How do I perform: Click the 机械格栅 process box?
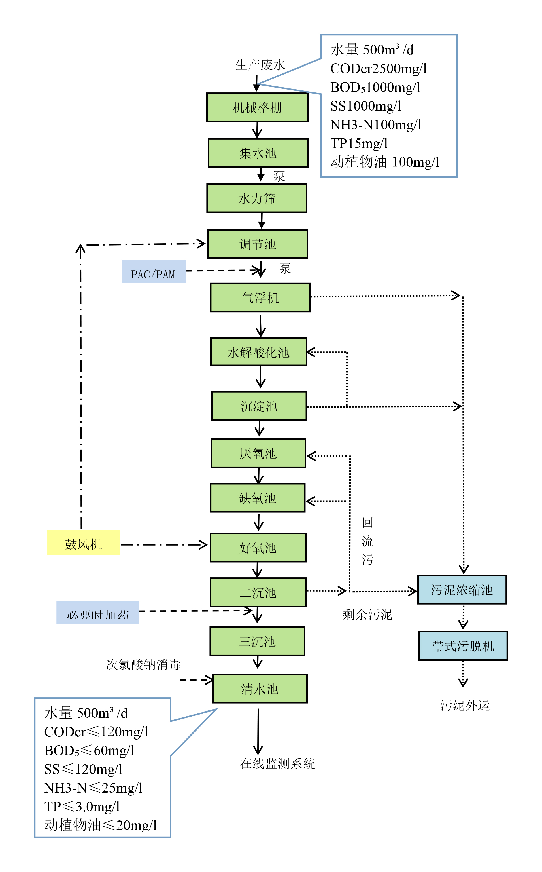tap(257, 107)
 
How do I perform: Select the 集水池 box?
tap(258, 153)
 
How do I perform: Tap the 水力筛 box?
tap(257, 198)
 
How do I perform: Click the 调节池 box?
tap(257, 244)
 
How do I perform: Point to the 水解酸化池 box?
tap(258, 352)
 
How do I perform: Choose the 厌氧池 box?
tap(258, 453)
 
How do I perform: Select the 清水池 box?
tap(260, 689)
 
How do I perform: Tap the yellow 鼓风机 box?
tap(83, 543)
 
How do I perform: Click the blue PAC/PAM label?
tap(153, 272)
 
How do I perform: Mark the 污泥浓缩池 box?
tap(462, 590)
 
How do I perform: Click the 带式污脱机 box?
tap(463, 646)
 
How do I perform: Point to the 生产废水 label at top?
tap(260, 65)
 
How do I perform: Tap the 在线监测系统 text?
tap(277, 764)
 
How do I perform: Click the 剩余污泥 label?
tap(367, 615)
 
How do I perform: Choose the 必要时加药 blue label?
tap(97, 613)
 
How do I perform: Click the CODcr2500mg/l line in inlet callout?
tap(378, 69)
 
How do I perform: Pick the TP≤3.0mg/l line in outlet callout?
tap(82, 806)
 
